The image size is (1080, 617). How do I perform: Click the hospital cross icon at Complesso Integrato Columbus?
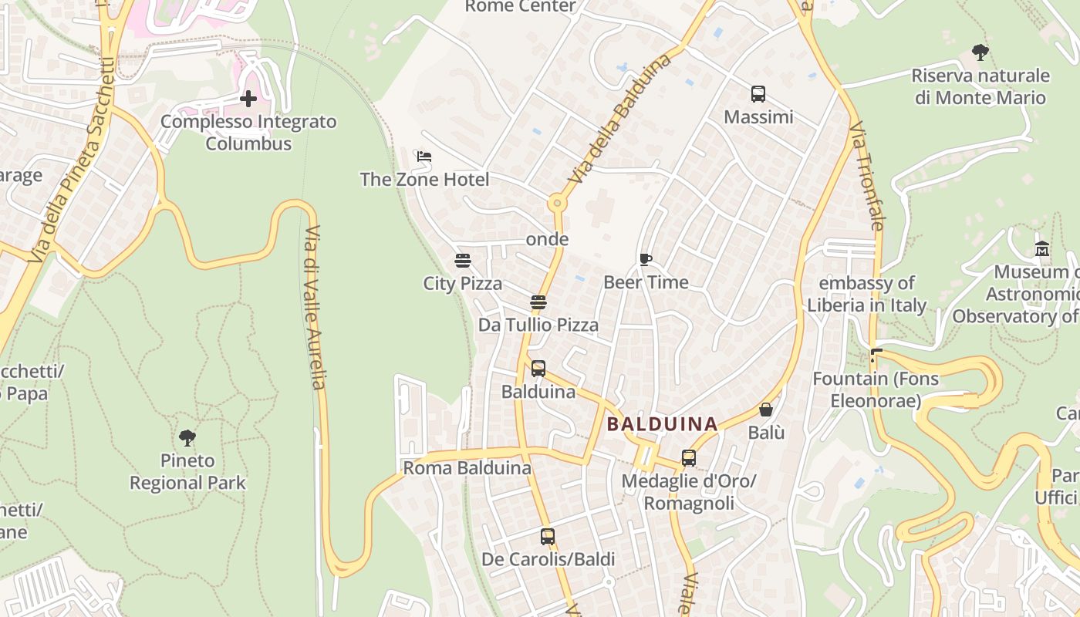[x=248, y=99]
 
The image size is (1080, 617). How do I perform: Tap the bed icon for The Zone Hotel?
[x=424, y=157]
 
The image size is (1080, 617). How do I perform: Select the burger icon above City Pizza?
[x=463, y=261]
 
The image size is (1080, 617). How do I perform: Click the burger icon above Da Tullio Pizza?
[x=538, y=302]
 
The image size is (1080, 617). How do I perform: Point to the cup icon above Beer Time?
[x=646, y=259]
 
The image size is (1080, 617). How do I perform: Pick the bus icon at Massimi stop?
[x=758, y=94]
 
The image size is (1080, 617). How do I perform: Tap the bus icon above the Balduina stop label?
[x=538, y=369]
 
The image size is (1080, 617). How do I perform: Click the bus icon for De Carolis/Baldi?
[x=548, y=536]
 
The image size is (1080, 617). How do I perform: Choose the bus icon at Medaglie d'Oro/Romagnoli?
[x=689, y=458]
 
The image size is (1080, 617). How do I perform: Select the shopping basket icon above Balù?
[x=766, y=410]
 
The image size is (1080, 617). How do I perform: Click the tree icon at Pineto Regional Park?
[x=187, y=438]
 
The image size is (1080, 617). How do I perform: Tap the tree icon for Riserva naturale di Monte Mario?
[x=980, y=52]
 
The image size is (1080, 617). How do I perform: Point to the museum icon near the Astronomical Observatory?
[x=1042, y=248]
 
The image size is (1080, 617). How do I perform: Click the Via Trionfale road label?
[x=866, y=176]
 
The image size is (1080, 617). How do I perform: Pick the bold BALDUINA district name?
[x=662, y=423]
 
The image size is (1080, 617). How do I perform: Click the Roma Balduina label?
[x=467, y=468]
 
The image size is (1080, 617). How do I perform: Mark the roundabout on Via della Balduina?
[x=557, y=204]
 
